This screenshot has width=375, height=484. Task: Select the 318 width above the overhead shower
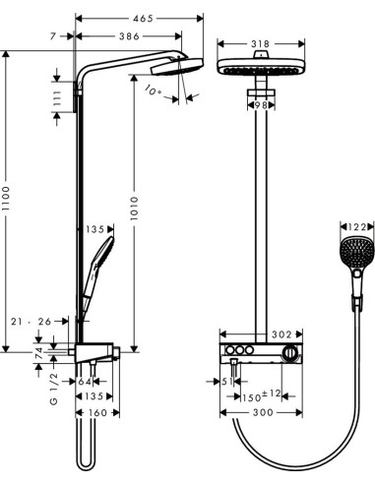(x=262, y=44)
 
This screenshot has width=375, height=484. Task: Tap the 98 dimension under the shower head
(x=262, y=105)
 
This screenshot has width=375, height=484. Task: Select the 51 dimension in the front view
(x=225, y=383)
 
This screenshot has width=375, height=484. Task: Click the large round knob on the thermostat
(x=289, y=354)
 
